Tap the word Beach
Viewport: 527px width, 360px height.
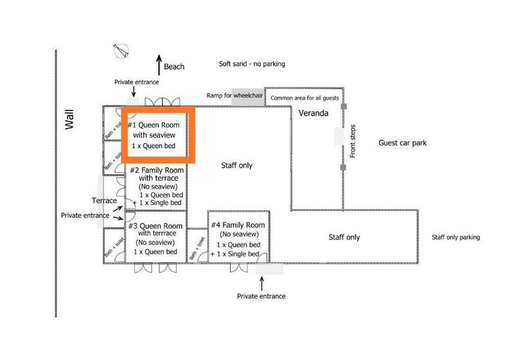174,67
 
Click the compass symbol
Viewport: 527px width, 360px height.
121,50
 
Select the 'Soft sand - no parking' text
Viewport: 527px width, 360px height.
251,64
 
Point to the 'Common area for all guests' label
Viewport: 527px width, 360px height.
304,98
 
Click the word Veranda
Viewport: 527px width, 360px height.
314,114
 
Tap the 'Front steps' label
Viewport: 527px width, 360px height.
352,141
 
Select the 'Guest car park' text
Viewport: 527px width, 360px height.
402,143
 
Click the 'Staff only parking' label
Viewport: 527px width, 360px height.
456,237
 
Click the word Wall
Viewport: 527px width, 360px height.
70,120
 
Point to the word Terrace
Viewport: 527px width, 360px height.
104,201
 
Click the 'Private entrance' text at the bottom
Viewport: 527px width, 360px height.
261,296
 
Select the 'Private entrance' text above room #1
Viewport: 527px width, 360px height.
136,82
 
